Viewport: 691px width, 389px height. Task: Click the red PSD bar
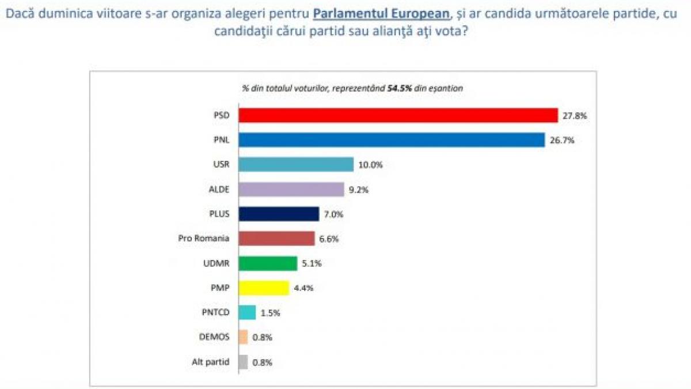pos(398,115)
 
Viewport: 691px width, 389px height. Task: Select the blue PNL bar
pos(392,140)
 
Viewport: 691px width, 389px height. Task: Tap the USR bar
pos(295,164)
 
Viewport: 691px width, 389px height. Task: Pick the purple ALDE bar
pos(291,189)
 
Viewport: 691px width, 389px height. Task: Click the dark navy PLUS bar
pos(279,214)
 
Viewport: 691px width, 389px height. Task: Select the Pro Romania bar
pos(276,239)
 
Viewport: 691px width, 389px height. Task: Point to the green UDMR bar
pos(268,263)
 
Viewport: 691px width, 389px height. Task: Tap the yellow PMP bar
pos(263,288)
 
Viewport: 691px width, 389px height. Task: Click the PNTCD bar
pos(247,312)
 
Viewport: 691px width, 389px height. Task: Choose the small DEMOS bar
pos(243,337)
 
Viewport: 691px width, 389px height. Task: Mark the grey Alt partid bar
pos(243,362)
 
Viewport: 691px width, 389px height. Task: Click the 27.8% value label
pos(575,115)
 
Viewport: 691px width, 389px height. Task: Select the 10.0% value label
pos(371,165)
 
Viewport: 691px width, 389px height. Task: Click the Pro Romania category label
pos(204,239)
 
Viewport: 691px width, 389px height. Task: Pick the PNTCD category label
pos(215,312)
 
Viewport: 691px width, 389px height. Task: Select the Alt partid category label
pos(211,362)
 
